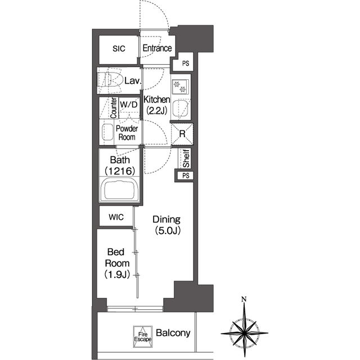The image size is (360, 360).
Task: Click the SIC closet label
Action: (x=119, y=49)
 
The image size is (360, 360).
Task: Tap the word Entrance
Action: (x=157, y=48)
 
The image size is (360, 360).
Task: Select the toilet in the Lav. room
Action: (x=110, y=80)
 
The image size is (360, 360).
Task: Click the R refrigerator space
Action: (x=182, y=134)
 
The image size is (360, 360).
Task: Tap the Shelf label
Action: (x=186, y=158)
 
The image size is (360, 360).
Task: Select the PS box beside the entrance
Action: (x=186, y=63)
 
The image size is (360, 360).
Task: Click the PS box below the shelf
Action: (x=186, y=175)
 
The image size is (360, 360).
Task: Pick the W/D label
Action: (x=129, y=105)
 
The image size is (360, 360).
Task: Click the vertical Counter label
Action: (x=114, y=108)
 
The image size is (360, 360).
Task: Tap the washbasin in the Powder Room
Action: (x=107, y=132)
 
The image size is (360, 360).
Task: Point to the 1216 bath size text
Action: (x=120, y=171)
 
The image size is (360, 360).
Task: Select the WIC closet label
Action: (x=116, y=217)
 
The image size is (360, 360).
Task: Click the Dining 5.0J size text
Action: (x=168, y=231)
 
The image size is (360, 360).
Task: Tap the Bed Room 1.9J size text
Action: (x=117, y=274)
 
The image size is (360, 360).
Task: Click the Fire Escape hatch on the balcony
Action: (x=143, y=336)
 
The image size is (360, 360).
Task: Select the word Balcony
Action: (x=173, y=333)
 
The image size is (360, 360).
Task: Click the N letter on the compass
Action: (x=244, y=299)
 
